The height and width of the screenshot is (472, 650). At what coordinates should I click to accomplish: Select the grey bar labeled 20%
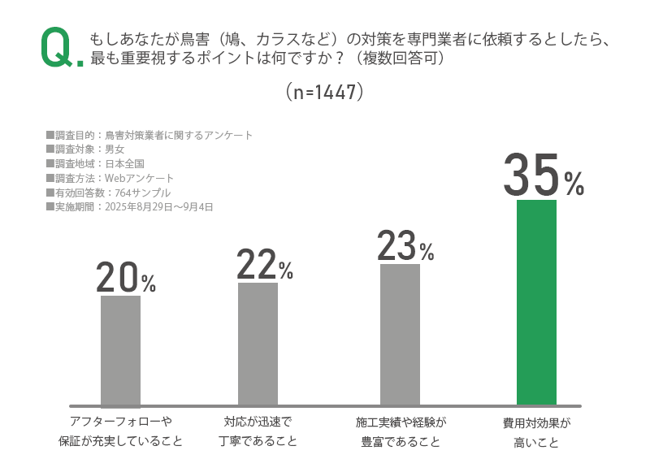(120, 350)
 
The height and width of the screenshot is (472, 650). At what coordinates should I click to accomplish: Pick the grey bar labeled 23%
(400, 334)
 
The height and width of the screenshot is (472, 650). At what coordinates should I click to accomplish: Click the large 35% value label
(543, 175)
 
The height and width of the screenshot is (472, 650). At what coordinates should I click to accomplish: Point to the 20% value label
(125, 279)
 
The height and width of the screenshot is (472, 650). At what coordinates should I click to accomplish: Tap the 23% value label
(405, 246)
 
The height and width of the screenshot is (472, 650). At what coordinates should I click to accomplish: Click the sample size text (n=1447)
(324, 92)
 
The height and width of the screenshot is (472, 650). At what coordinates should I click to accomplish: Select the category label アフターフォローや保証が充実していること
(120, 431)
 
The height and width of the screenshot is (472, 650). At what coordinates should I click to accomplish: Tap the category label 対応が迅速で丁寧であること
(258, 431)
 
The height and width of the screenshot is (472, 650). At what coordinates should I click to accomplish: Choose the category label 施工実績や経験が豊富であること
(401, 431)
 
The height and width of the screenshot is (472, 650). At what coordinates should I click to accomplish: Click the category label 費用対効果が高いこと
(536, 432)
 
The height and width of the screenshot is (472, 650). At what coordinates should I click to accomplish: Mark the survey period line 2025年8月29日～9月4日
(130, 207)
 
